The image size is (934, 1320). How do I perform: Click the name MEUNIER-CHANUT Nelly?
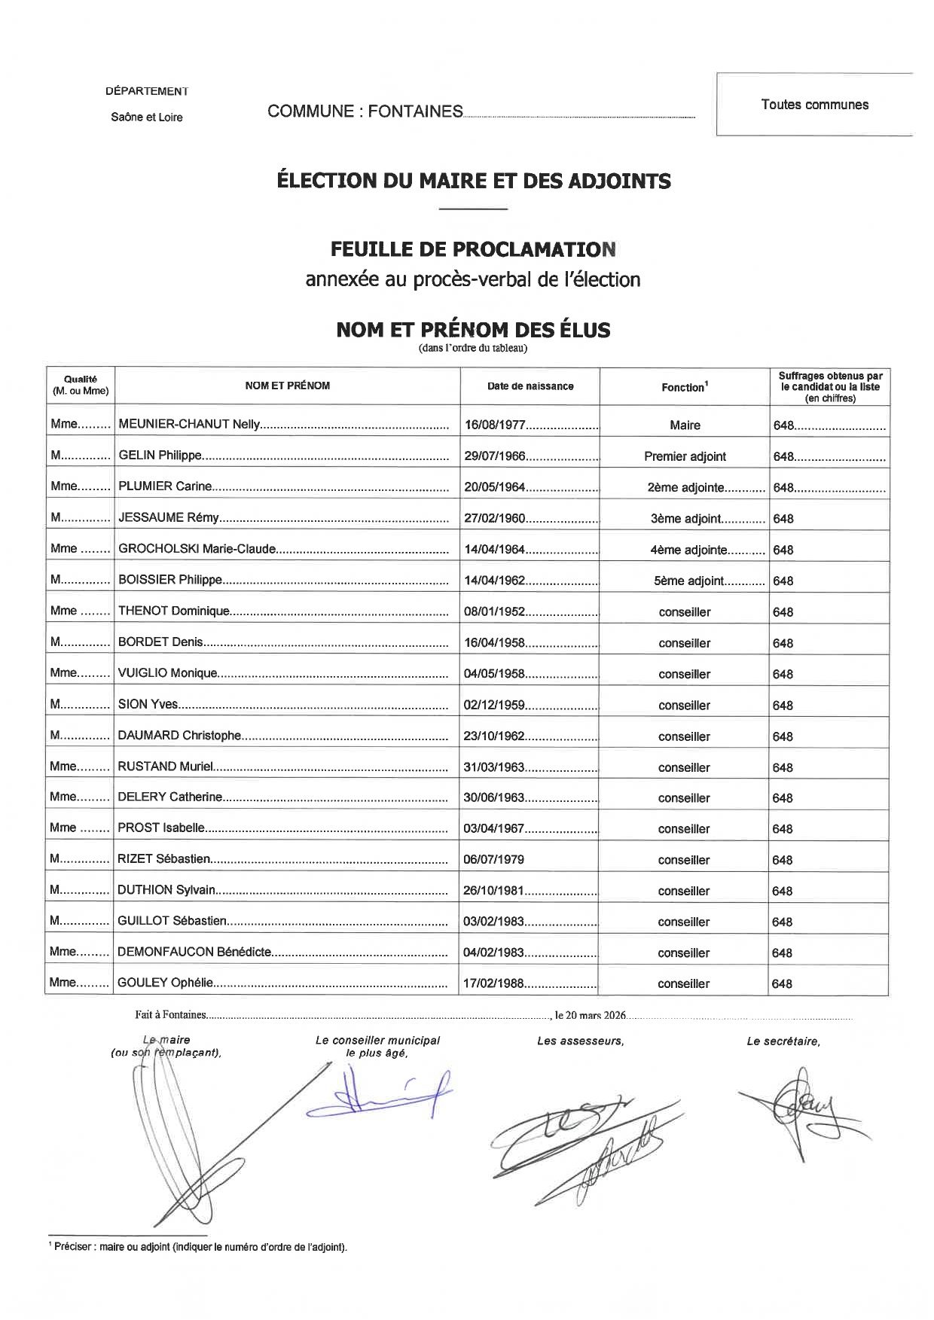pos(189,424)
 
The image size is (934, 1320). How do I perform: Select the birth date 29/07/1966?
pos(495,456)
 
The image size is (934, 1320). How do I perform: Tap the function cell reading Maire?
pos(685,425)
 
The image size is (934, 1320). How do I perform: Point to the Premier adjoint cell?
pos(685,456)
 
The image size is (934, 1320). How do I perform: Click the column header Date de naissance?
pos(530,386)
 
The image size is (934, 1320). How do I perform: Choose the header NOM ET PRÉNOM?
pos(287,386)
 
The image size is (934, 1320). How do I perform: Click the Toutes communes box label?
pos(814,105)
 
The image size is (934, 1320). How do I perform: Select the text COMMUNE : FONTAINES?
pos(365,111)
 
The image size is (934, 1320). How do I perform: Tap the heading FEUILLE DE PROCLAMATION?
pos(473,248)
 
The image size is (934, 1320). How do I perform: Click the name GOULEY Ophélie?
pos(166,983)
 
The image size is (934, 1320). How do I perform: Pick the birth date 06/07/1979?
pos(493,859)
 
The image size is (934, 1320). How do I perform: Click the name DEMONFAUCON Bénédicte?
pos(194,952)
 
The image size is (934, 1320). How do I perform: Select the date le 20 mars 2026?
pos(591,1015)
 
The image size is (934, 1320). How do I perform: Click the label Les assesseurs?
pos(580,1041)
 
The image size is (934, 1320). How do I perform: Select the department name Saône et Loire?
pos(146,117)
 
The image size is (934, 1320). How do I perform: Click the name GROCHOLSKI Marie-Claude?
pos(197,549)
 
